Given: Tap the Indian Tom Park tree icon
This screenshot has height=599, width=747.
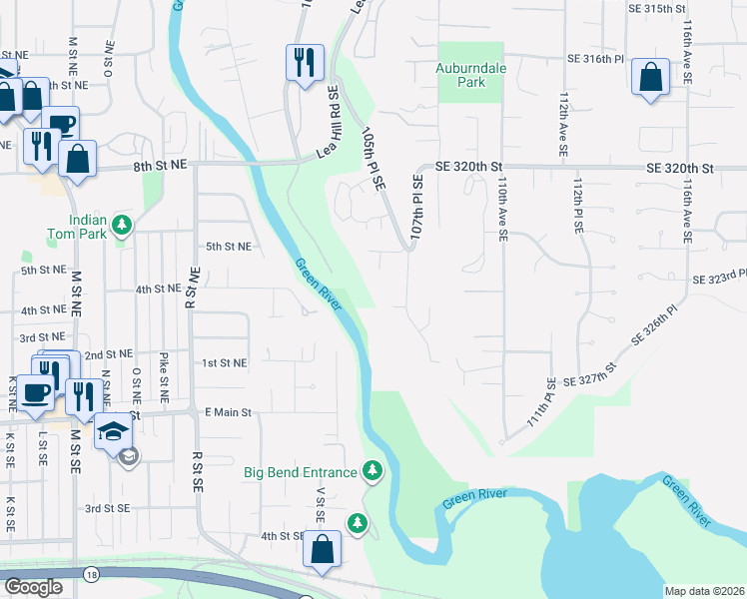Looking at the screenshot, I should coord(123,225).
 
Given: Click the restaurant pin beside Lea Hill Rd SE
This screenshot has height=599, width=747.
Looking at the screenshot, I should coord(304,62).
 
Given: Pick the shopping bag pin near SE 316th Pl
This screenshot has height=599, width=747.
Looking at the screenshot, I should coord(650,78).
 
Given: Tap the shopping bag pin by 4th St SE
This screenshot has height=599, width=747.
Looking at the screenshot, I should coord(322,549).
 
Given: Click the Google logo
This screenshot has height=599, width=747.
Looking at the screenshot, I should coord(33,587).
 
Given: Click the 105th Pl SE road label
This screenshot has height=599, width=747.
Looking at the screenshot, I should coord(373,155).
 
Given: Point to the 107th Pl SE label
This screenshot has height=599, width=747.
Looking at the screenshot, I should coord(417,206).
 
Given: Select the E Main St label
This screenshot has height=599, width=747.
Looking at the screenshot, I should coord(229,411).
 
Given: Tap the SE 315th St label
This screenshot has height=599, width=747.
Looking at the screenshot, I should coord(658,8).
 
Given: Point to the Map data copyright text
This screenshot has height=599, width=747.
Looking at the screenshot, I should coord(703,591).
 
